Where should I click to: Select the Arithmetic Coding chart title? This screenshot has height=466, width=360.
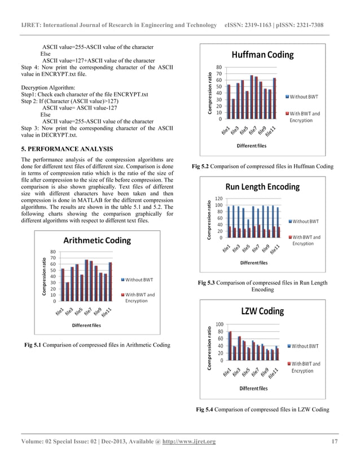[97, 241]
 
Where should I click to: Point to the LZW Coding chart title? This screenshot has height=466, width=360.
[262, 311]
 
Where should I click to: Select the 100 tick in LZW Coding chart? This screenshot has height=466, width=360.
[218, 324]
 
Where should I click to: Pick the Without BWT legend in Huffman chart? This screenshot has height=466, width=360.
[305, 97]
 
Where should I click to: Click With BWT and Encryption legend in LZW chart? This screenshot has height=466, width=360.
[306, 367]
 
